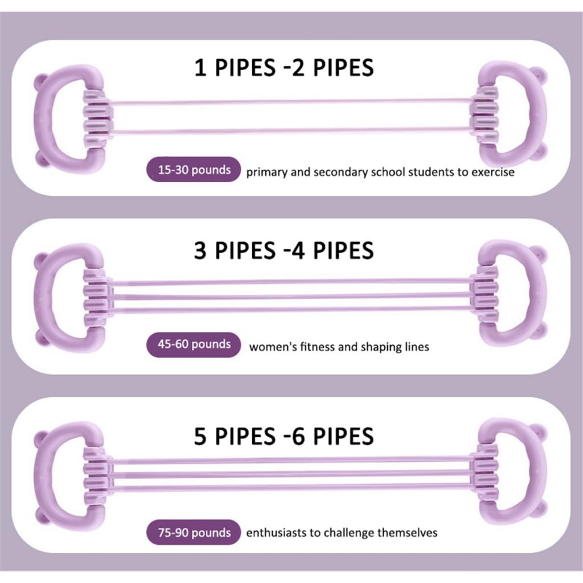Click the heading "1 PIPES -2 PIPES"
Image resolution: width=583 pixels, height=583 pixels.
284,68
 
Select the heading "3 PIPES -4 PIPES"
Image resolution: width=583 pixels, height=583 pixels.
284,251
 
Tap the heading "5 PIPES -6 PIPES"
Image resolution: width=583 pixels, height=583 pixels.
284,436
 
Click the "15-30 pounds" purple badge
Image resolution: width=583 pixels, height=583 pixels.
194,170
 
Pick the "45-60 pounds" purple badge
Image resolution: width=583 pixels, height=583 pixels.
194,344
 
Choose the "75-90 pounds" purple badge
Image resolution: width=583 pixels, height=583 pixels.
194,532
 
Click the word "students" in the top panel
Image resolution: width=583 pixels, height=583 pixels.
432,172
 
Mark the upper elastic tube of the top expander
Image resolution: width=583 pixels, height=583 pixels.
291,101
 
